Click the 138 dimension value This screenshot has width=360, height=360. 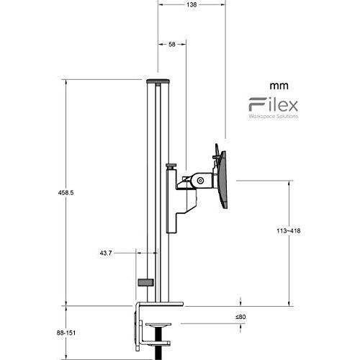tap(192, 4)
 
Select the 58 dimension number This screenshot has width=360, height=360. tap(172, 44)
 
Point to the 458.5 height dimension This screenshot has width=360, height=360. tap(66, 192)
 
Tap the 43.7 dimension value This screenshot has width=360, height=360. tap(106, 253)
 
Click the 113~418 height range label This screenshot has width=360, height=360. tap(289, 231)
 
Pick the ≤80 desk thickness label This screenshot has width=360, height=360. tap(240, 317)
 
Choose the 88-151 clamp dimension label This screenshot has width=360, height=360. tap(66, 333)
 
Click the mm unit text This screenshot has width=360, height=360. tap(279, 86)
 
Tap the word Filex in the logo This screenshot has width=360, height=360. tap(274, 104)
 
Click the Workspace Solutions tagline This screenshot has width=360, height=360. tap(274, 116)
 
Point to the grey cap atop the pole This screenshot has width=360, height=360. tap(158, 81)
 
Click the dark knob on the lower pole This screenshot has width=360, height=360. tap(145, 282)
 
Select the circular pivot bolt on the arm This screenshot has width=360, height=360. tap(200, 181)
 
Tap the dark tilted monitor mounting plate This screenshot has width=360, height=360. tap(223, 179)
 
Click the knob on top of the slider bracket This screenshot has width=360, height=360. tap(171, 166)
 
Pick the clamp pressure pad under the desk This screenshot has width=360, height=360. tap(158, 325)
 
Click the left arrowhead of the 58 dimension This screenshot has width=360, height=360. tap(160, 44)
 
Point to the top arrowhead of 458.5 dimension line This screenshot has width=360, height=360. tap(66, 82)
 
